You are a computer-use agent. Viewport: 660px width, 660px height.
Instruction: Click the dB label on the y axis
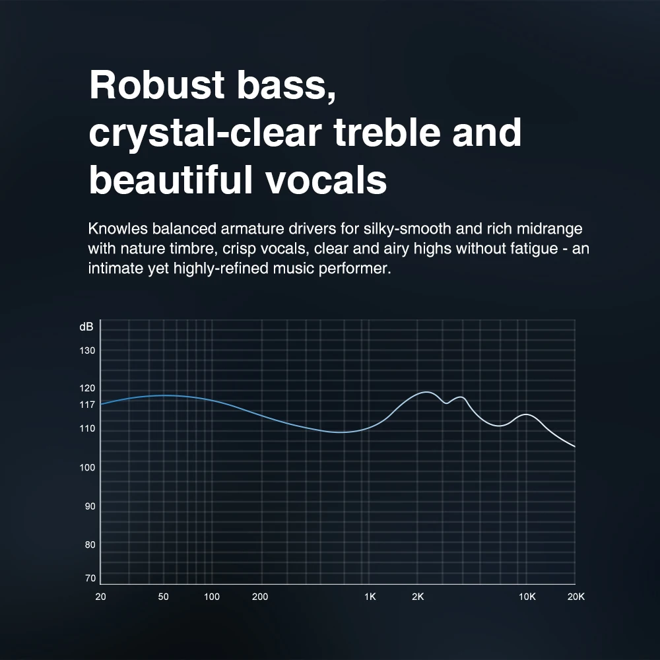tap(86, 327)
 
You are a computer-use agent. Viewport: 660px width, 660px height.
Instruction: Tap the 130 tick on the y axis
tap(87, 350)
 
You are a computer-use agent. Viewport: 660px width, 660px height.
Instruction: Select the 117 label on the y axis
tap(87, 404)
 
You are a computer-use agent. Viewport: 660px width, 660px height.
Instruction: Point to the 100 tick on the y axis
tap(87, 468)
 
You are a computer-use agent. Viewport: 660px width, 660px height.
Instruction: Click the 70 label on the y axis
tap(89, 578)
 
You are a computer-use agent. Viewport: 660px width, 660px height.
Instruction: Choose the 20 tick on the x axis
tap(100, 597)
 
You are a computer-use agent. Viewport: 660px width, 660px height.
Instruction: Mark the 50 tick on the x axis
tap(164, 597)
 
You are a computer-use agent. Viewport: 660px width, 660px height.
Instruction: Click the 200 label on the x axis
tap(260, 597)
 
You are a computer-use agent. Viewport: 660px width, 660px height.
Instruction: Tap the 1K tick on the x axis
tap(370, 597)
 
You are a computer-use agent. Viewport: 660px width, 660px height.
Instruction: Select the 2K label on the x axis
tap(418, 597)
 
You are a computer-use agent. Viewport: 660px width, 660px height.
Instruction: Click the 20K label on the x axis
tap(576, 597)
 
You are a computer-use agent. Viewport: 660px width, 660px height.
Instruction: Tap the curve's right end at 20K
tap(575, 447)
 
